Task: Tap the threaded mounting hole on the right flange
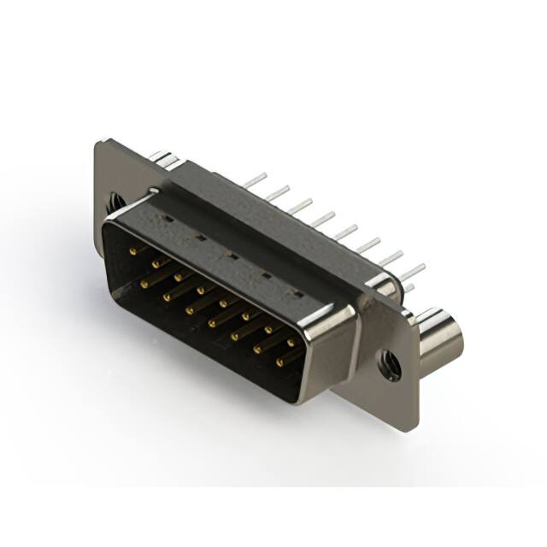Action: click(389, 367)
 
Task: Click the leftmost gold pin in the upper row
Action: click(133, 251)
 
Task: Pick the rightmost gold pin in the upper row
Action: click(291, 343)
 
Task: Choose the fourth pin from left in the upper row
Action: click(202, 291)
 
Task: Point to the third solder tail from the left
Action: click(299, 206)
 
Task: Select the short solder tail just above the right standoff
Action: click(409, 288)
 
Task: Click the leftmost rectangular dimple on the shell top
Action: click(168, 219)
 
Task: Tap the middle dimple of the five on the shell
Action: click(231, 255)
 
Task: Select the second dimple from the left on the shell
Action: click(199, 237)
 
